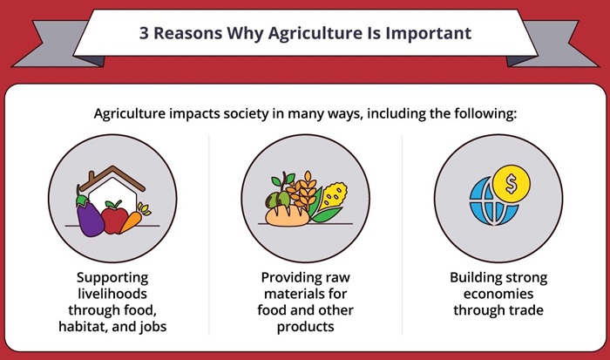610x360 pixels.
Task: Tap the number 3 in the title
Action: tap(144, 34)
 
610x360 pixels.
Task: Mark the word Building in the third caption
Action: tap(474, 278)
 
